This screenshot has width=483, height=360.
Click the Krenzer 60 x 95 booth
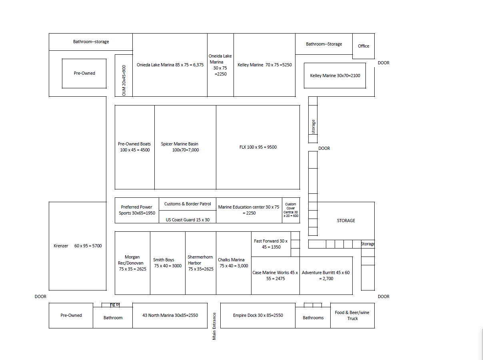78,246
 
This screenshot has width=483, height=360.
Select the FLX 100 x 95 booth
258,147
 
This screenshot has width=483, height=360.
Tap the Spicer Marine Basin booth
185,147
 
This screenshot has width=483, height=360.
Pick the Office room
363,46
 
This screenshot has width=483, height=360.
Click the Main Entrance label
214,326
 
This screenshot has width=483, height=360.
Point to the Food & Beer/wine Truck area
352,315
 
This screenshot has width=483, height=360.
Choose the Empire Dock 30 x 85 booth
258,315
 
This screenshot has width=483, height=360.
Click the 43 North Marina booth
170,315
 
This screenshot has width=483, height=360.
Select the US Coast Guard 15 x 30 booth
188,219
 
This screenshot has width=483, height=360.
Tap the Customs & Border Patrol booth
188,204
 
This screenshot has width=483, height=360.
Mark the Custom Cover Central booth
291,210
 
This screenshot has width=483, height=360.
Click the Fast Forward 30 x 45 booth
271,244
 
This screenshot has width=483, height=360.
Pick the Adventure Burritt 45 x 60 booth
326,275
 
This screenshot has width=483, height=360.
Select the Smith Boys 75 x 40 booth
168,263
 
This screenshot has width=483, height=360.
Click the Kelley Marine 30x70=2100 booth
335,76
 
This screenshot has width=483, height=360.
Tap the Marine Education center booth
249,210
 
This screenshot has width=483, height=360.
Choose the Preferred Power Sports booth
137,210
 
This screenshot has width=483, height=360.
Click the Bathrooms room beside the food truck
313,317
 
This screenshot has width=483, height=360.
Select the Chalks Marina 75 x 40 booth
234,263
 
